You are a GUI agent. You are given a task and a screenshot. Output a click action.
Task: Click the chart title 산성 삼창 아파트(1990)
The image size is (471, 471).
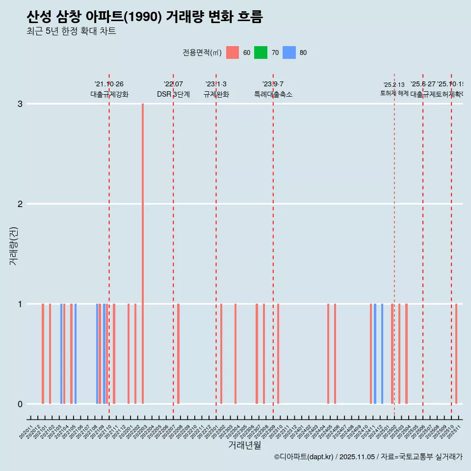pyautogui.click(x=145, y=17)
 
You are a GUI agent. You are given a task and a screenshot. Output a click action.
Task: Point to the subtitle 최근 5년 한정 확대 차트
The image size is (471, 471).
pyautogui.click(x=71, y=31)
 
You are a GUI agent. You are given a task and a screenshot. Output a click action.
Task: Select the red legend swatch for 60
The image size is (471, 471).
pyautogui.click(x=233, y=52)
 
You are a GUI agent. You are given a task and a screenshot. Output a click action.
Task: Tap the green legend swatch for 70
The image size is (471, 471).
pyautogui.click(x=261, y=52)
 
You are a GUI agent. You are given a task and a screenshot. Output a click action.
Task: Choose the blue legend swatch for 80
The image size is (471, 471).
pyautogui.click(x=289, y=52)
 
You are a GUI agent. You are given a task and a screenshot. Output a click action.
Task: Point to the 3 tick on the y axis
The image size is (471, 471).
pyautogui.click(x=20, y=104)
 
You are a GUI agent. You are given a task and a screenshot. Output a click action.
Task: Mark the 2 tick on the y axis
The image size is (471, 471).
pyautogui.click(x=20, y=204)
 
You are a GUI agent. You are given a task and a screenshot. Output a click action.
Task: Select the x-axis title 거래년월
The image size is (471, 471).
pyautogui.click(x=244, y=445)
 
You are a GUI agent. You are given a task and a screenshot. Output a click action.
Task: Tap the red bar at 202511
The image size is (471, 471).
pyautogui.click(x=456, y=354)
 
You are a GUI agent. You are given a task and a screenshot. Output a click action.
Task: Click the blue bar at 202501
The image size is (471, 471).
pyautogui.click(x=382, y=354)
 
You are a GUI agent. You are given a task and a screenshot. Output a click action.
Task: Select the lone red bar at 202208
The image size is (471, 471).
pyautogui.click(x=178, y=354)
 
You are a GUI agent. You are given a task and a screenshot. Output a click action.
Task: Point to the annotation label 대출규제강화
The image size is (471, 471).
pyautogui.click(x=109, y=95)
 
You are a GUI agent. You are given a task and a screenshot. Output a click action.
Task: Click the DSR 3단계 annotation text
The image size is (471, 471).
pyautogui.click(x=173, y=95)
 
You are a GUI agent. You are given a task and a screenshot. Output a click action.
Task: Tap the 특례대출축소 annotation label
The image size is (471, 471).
pyautogui.click(x=273, y=95)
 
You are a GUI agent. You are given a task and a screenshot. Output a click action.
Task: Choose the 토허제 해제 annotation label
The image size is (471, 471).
pyautogui.click(x=394, y=93)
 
